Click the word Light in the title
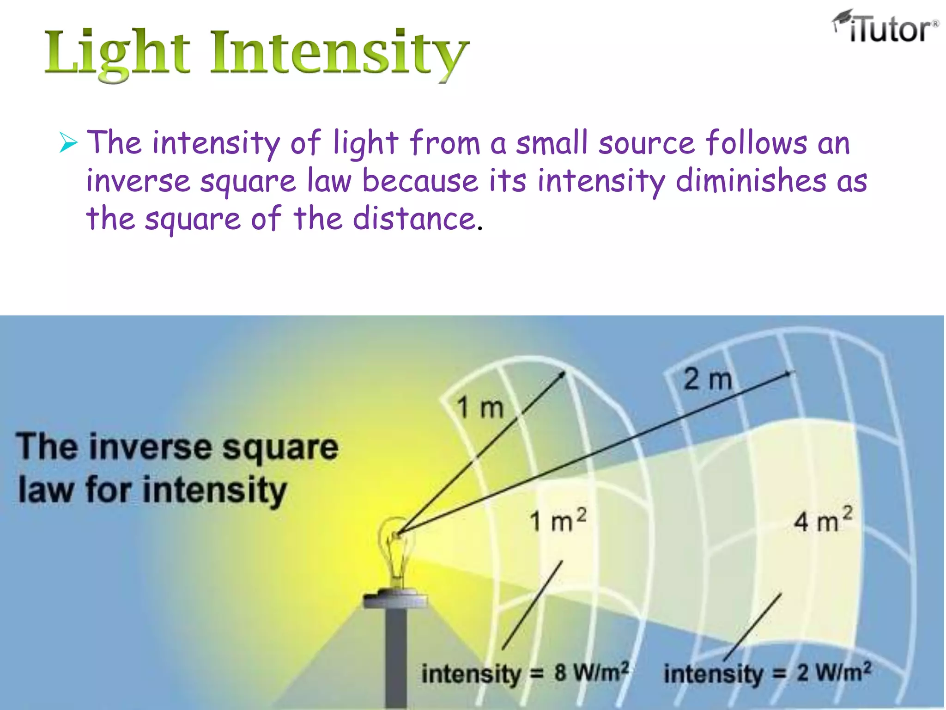click(x=117, y=53)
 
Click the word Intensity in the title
click(x=340, y=53)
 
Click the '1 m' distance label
click(x=480, y=408)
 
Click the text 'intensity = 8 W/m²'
click(x=525, y=673)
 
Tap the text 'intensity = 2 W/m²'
click(x=767, y=673)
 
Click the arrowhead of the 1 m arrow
click(x=562, y=373)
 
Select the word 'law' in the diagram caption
click(x=45, y=490)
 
